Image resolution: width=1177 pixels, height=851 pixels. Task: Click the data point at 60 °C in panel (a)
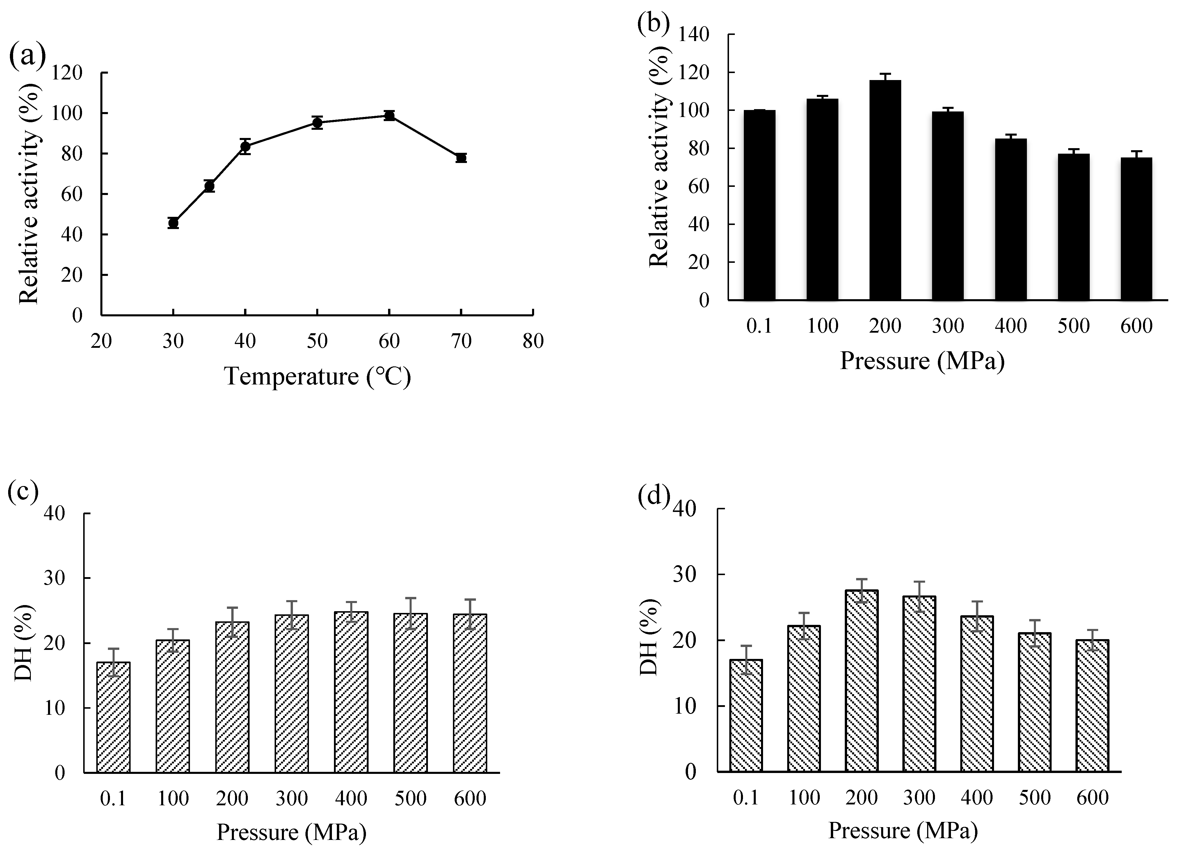(389, 116)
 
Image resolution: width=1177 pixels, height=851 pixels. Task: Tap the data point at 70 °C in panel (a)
(461, 158)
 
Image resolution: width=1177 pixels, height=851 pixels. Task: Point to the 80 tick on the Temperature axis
(533, 342)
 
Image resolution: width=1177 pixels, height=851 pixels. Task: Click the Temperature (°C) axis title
(318, 376)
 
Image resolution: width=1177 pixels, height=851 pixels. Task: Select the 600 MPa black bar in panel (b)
(1137, 228)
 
